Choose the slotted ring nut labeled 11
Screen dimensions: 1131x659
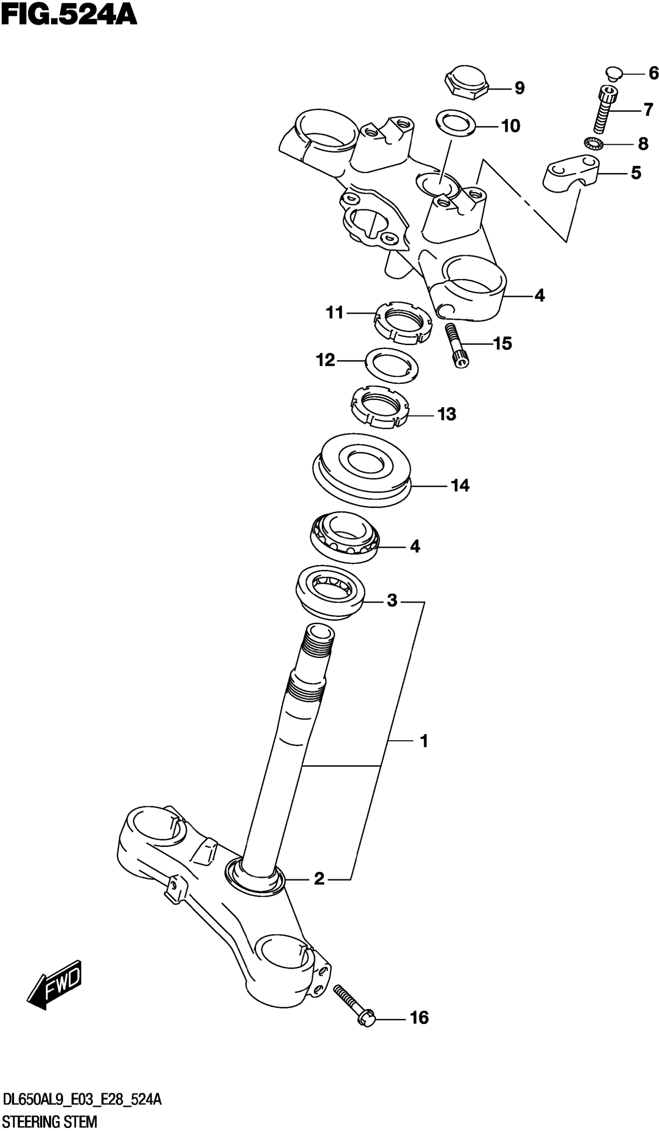pyautogui.click(x=403, y=323)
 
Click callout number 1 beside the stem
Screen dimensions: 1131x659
pyautogui.click(x=423, y=741)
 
